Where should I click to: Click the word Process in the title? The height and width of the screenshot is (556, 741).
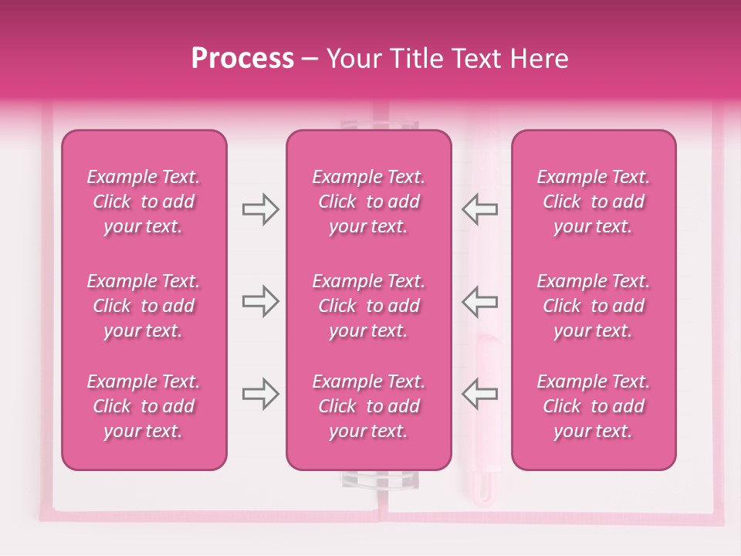242,59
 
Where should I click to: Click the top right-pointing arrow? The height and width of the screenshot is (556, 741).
260,209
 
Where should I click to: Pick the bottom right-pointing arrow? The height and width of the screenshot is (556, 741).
260,394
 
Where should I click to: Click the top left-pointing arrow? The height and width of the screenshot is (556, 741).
479,209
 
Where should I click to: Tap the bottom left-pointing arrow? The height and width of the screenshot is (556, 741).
479,394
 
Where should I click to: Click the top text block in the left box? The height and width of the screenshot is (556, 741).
144,202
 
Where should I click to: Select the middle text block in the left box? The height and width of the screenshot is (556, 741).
144,306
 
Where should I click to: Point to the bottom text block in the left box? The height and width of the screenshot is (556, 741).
144,406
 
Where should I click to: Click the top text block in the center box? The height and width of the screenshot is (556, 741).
368,202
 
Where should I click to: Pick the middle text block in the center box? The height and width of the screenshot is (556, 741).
368,306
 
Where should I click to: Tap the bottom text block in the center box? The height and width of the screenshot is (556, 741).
368,406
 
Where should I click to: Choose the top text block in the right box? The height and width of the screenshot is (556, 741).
593,202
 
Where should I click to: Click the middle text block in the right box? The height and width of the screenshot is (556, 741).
593,306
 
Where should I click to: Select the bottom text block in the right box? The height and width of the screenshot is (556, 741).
593,406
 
